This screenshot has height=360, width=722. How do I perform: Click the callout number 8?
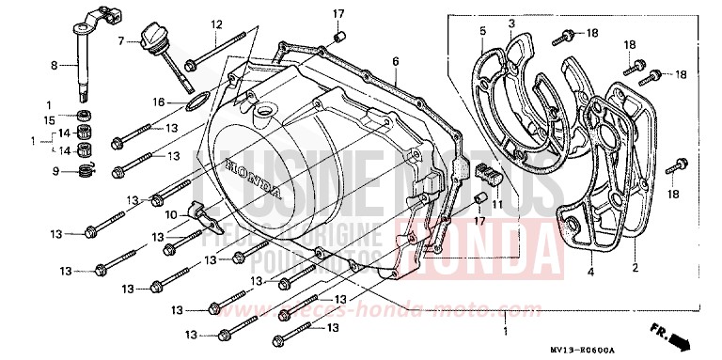tap(54, 65)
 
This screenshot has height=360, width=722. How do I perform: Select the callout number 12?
tap(216, 23)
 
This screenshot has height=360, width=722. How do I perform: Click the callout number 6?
tap(396, 61)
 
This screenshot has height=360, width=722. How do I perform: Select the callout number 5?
tap(481, 31)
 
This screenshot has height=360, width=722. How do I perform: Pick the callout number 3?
tap(511, 23)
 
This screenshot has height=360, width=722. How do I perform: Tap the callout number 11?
tap(497, 204)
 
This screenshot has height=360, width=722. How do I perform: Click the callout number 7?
tap(121, 41)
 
